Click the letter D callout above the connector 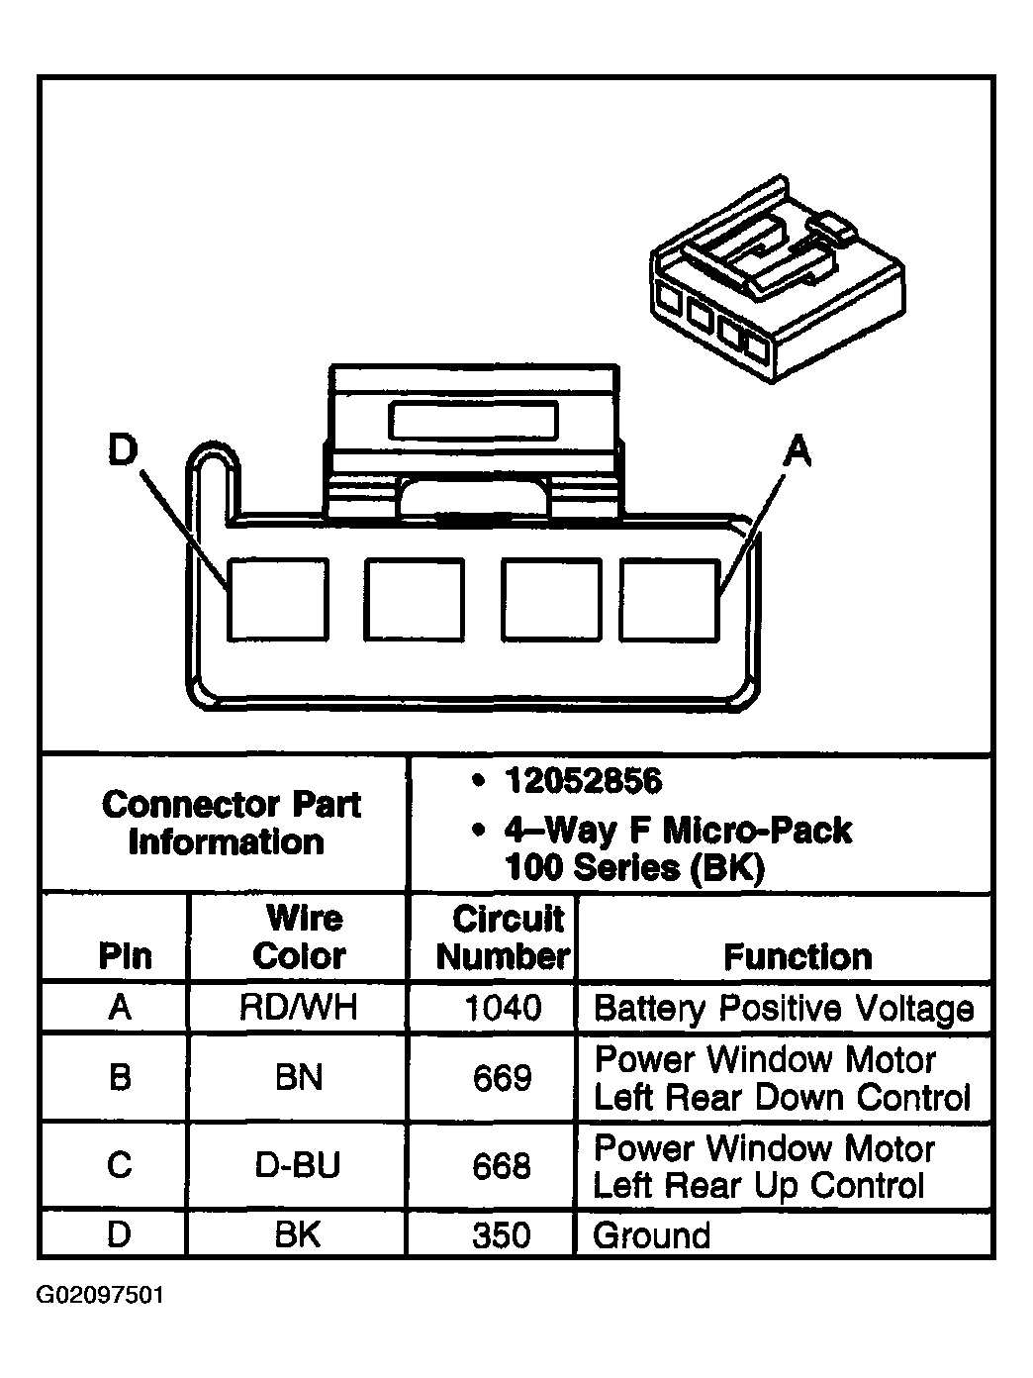pos(121,451)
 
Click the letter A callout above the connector pos(797,451)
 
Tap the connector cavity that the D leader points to pos(278,599)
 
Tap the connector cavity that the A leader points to pos(670,599)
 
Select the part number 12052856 pos(583,782)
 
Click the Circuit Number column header pos(503,936)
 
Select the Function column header pos(798,956)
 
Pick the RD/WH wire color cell pos(298,1008)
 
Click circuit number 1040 pos(503,1008)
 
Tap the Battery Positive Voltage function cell pos(783,1009)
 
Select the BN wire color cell pos(298,1077)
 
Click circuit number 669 pos(503,1077)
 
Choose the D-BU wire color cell pos(298,1165)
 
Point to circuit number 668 pos(503,1165)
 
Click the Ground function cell pos(651,1235)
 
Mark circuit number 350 pos(503,1235)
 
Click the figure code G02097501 pos(101,1296)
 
